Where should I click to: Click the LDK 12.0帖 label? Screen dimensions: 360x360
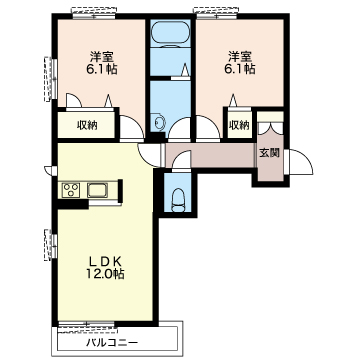tap(105, 267)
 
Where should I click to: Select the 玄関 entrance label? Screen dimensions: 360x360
tap(269, 153)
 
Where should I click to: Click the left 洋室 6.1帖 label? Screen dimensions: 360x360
tap(103, 63)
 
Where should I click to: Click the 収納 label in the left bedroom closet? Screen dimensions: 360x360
tap(87, 126)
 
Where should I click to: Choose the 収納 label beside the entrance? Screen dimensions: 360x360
tap(239, 125)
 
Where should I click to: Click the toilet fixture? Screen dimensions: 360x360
tap(178, 200)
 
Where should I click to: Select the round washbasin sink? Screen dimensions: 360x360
tap(159, 123)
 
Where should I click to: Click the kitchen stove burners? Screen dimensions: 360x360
tap(71, 191)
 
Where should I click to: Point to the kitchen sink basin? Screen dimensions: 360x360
tap(97, 190)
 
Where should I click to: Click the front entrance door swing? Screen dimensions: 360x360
tap(301, 162)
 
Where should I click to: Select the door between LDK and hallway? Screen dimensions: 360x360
tap(150, 156)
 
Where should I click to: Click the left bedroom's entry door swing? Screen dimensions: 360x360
tap(132, 128)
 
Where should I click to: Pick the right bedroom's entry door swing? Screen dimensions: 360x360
tap(208, 128)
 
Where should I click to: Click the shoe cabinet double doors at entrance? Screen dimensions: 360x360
tap(270, 128)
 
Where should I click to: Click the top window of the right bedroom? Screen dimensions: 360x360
tap(217, 13)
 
